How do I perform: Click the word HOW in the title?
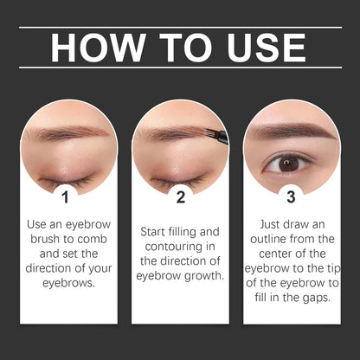click(x=93, y=48)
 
